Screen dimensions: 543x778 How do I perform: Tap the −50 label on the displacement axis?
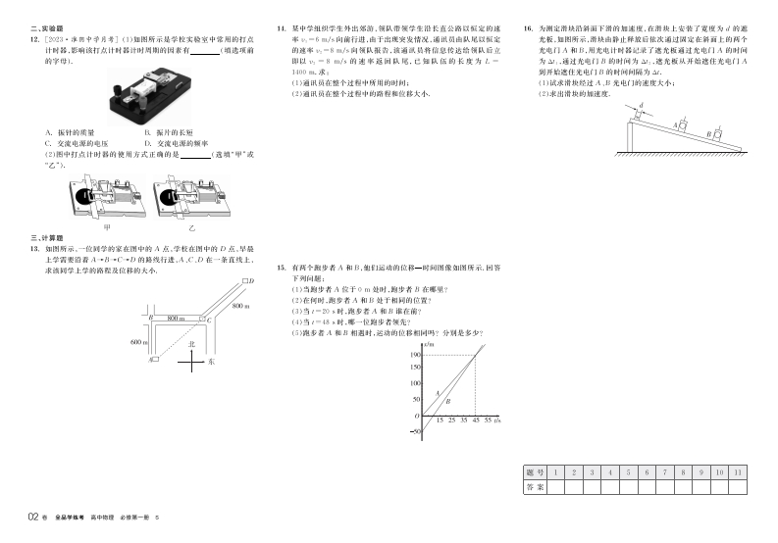pyautogui.click(x=416, y=431)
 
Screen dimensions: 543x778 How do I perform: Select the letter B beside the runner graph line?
pyautogui.click(x=448, y=401)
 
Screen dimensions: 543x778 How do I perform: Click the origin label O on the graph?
pyautogui.click(x=418, y=416)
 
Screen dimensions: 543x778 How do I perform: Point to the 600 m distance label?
pyautogui.click(x=136, y=341)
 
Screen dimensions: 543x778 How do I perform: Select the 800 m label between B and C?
pyautogui.click(x=176, y=320)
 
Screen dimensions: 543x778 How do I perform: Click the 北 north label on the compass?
pyautogui.click(x=192, y=346)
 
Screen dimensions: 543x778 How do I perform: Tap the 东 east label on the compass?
pyautogui.click(x=211, y=362)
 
